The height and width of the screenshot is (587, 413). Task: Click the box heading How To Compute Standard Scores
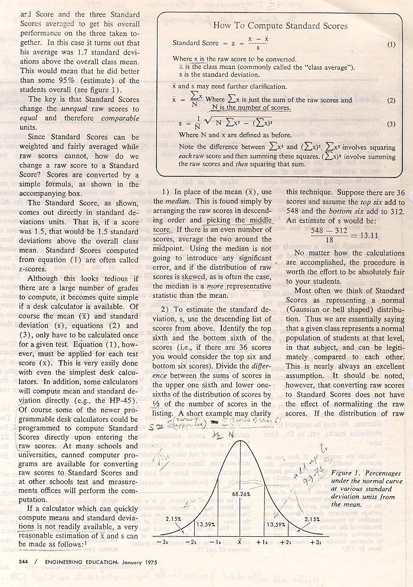[280, 26]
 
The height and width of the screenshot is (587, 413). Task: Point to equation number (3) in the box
[391, 124]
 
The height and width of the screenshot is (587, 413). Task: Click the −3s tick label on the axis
[161, 542]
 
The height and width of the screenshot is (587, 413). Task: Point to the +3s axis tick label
[316, 542]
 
